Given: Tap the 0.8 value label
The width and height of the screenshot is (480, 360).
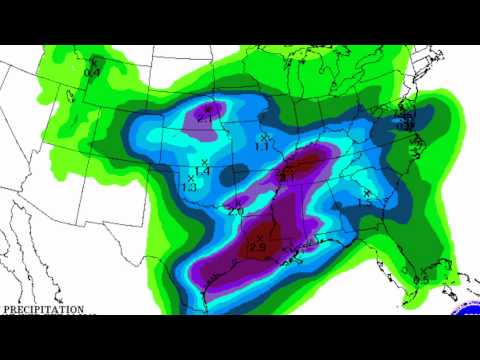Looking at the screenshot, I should coord(92,71).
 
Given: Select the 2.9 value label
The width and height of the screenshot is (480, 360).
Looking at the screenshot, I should coord(256,247).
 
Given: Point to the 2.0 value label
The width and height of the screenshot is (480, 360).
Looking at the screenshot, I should coord(236,212).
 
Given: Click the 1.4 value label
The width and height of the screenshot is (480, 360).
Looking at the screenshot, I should coord(201,172).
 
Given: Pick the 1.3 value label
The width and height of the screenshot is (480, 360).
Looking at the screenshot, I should coord(189,187).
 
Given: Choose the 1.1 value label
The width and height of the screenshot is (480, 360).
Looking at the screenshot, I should coord(263,146).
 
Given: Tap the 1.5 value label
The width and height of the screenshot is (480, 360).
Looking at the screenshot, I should coord(365,203).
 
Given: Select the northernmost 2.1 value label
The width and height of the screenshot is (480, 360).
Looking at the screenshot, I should coord(206,117).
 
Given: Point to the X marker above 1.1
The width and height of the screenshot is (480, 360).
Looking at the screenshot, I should coord(263,137).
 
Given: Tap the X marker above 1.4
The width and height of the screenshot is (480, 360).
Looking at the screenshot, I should coord(204,162).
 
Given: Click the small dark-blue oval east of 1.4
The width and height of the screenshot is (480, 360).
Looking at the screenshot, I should coord(232,176).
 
